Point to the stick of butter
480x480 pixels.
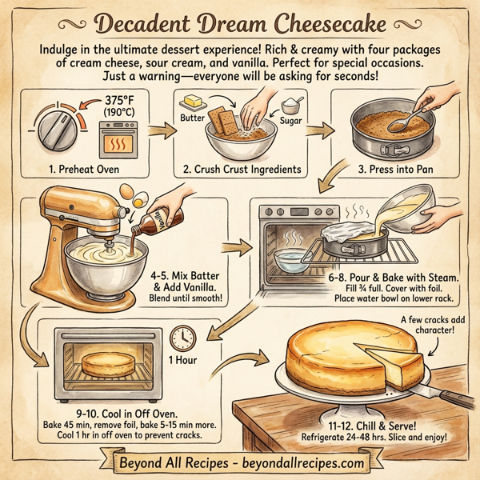pyautogui.click(x=194, y=102)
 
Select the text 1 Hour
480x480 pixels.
pyautogui.click(x=184, y=362)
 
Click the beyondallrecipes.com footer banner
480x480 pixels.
pyautogui.click(x=240, y=463)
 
